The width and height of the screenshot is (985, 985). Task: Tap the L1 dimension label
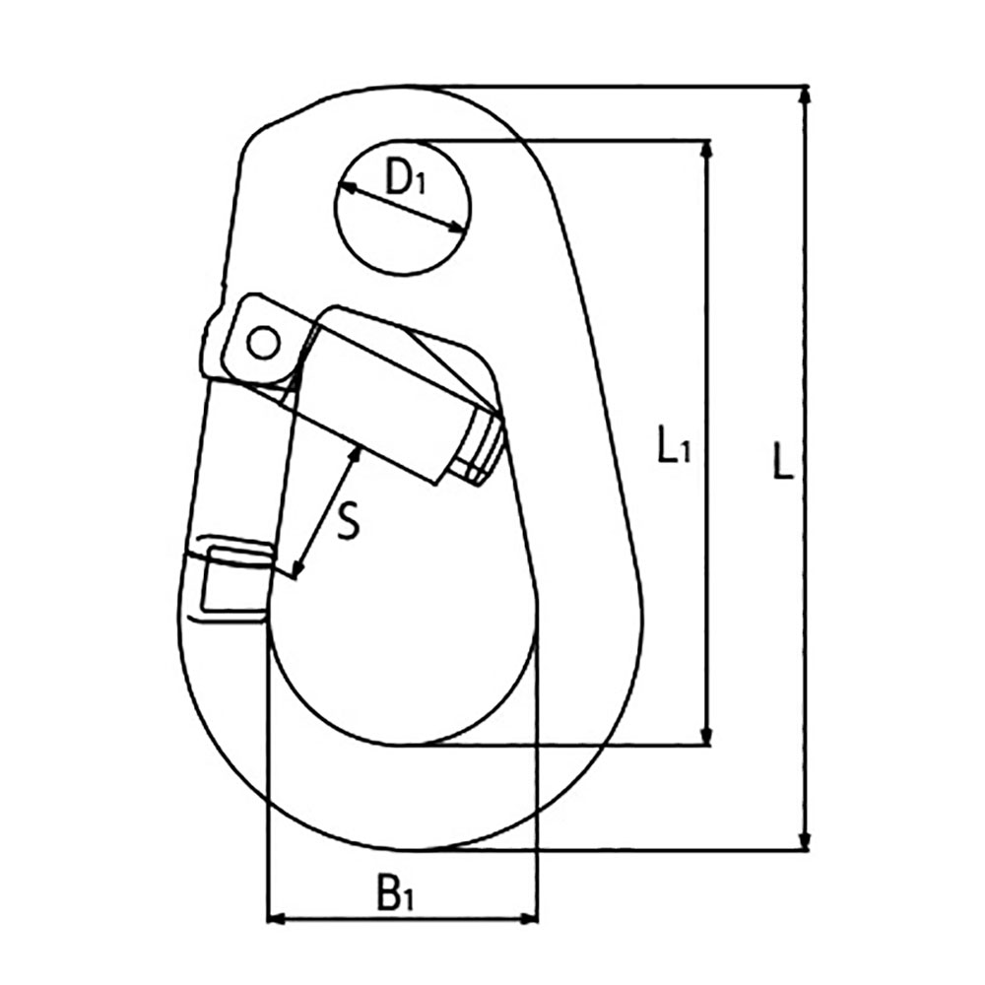click(674, 444)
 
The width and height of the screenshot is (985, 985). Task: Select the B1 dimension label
click(395, 892)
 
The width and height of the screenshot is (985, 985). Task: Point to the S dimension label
click(348, 521)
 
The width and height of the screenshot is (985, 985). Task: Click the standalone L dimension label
click(783, 462)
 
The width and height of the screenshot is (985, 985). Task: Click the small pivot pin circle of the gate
click(263, 343)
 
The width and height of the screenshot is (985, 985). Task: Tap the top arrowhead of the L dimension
click(805, 95)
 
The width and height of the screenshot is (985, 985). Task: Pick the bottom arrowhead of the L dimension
click(805, 840)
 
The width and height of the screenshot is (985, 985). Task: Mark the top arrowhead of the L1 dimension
click(706, 150)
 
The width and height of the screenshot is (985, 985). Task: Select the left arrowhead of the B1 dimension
click(279, 919)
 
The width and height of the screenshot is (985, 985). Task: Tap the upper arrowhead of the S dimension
click(355, 455)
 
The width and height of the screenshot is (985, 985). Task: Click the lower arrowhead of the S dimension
click(297, 566)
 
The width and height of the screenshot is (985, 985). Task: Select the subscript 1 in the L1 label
click(685, 452)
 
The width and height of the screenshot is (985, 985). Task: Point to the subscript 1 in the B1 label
click(409, 900)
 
